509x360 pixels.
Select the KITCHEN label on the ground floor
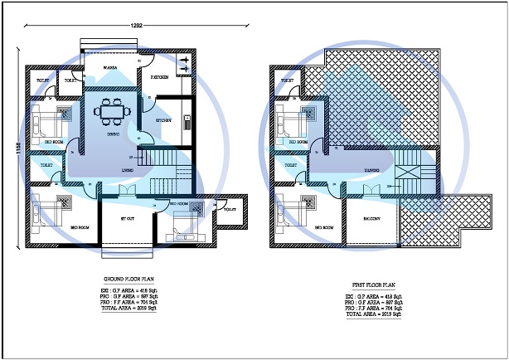tap(165, 121)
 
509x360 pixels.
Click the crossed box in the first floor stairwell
tap(408, 173)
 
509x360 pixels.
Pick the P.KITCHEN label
tap(160, 77)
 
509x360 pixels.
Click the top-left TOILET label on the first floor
tap(288, 80)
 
